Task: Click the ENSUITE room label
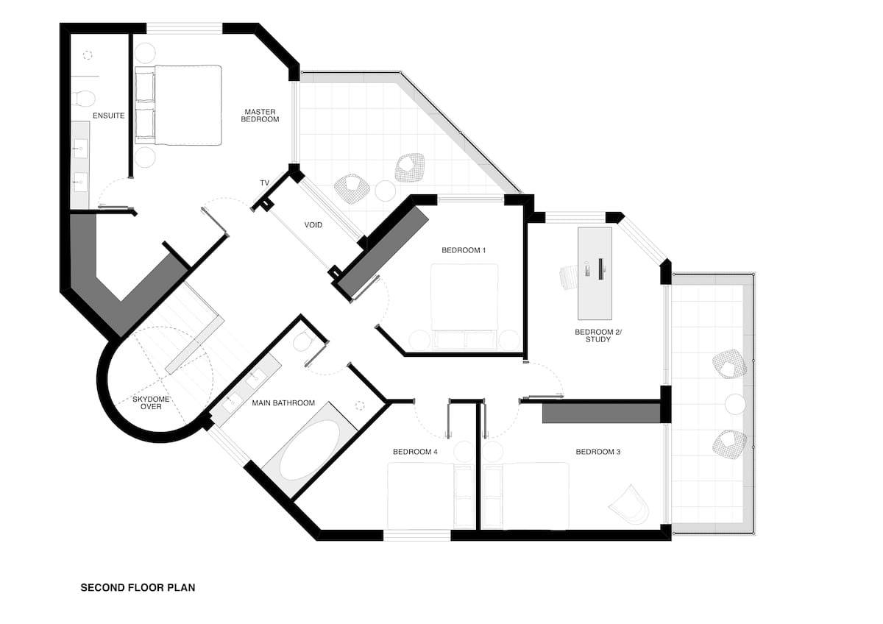pos(108,116)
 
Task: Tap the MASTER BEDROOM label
pos(261,116)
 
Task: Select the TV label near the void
pos(264,182)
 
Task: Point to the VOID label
pos(313,225)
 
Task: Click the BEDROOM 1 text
pos(464,250)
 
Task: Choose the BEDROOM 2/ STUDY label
pos(598,336)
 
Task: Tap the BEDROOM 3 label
pos(597,452)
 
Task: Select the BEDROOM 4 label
pos(415,452)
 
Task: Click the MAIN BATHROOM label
pos(283,403)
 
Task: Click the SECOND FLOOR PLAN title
pos(138,588)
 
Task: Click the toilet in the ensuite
pos(85,98)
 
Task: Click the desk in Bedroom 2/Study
pos(595,263)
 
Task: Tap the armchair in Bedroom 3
pos(629,503)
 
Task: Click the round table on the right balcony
pos(735,403)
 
